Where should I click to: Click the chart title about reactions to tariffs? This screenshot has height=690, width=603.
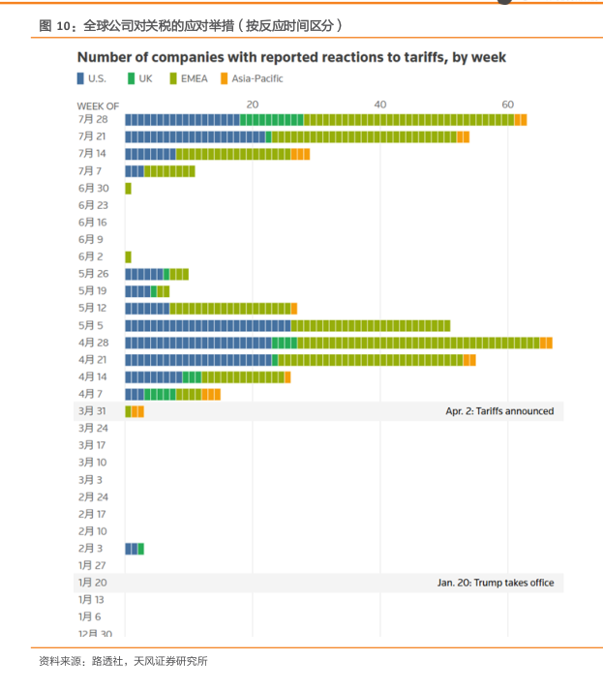click(x=291, y=58)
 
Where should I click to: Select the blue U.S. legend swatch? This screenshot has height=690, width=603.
click(x=81, y=78)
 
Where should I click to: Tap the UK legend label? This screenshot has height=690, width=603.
click(x=146, y=78)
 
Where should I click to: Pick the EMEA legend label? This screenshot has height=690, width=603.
click(x=195, y=78)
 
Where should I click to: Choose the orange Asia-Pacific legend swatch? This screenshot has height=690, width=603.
click(x=224, y=78)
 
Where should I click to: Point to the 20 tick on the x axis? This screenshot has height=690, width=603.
click(x=252, y=105)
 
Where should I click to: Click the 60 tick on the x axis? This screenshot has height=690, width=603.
click(x=507, y=105)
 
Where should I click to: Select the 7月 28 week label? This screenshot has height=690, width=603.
click(x=93, y=119)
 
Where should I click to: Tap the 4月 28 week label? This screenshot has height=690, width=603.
click(x=93, y=343)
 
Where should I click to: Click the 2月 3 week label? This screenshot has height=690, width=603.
click(x=93, y=549)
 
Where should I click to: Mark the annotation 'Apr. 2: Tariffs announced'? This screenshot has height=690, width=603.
click(x=499, y=411)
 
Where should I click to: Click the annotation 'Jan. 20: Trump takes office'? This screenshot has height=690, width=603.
click(x=496, y=583)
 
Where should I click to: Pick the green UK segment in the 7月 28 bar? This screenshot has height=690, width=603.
click(x=271, y=119)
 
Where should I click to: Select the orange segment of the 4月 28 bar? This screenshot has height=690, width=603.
click(x=546, y=343)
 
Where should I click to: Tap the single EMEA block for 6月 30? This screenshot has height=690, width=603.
click(x=128, y=188)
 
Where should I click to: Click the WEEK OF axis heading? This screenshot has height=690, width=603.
click(x=99, y=105)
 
